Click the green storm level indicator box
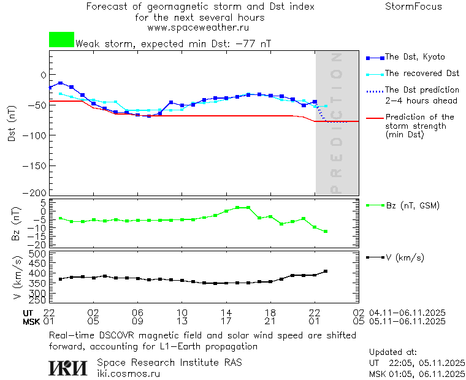click(x=61, y=40)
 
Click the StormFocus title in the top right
click(x=413, y=7)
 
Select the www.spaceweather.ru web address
click(x=198, y=28)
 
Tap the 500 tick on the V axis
click(x=38, y=254)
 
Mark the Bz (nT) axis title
click(x=17, y=223)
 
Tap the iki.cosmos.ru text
click(x=129, y=373)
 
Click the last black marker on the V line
click(x=326, y=271)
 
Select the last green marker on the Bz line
click(x=326, y=232)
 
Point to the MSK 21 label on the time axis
click(x=270, y=321)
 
